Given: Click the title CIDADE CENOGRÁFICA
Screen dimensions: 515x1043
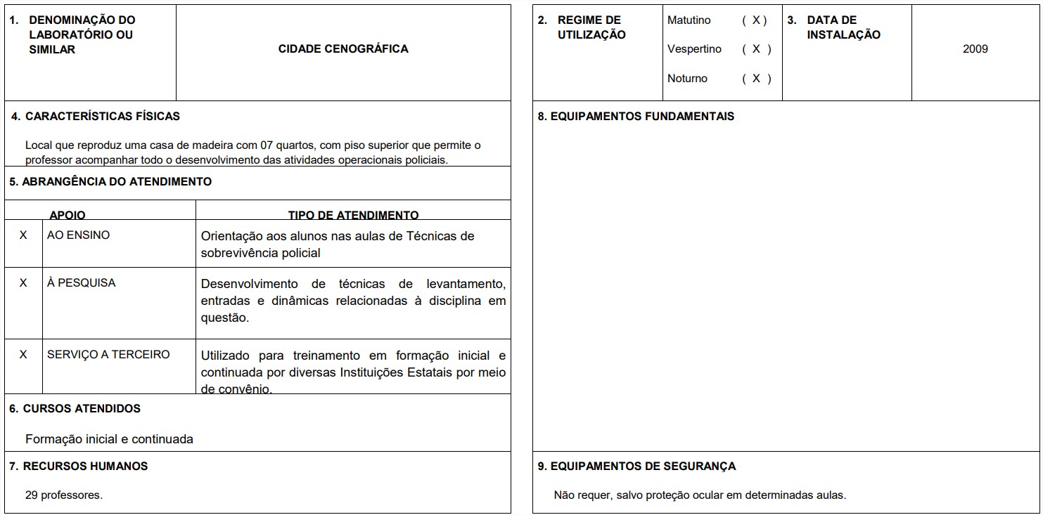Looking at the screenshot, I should [x=343, y=49].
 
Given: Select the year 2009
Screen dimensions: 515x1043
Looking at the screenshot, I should [x=975, y=49].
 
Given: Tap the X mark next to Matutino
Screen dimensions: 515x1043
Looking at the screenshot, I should [x=755, y=20].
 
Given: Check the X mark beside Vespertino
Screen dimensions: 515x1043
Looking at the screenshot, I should [x=756, y=49].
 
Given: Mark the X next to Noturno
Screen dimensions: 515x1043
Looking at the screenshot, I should [x=756, y=79].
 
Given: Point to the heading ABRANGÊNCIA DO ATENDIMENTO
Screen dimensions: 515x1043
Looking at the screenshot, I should [x=110, y=182].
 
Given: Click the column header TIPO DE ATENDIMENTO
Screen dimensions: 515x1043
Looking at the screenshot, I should [x=353, y=215].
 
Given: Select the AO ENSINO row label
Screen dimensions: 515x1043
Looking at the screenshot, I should [x=78, y=235].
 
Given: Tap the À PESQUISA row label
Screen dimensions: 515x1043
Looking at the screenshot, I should [x=81, y=283].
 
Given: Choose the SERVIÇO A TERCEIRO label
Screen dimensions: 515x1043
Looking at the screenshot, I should [x=108, y=355].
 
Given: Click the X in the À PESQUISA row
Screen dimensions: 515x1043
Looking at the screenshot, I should [x=23, y=283].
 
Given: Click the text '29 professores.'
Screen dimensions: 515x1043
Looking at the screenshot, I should [x=64, y=495].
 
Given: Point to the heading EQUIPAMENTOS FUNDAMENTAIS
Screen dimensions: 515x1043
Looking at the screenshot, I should [x=636, y=117].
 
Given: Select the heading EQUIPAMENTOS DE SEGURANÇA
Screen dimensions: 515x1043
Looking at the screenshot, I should [x=636, y=467].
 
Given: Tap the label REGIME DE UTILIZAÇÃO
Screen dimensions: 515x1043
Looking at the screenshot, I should [x=591, y=27].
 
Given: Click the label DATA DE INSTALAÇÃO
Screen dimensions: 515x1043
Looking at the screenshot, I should [x=843, y=27].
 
